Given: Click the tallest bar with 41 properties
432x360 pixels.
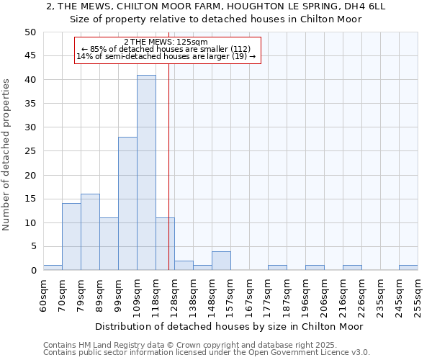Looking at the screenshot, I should (x=146, y=173).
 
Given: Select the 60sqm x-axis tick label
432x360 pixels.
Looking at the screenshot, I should (x=43, y=295).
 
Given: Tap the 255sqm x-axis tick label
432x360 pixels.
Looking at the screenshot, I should (x=418, y=295).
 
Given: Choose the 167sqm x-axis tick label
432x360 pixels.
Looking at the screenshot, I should (x=249, y=295).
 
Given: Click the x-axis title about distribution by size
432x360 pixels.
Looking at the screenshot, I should (x=230, y=326).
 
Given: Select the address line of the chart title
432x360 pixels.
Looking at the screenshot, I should (x=216, y=6).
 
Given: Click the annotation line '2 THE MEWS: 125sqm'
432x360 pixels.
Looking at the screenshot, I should (x=166, y=42).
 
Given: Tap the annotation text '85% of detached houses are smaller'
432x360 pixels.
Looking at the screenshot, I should (x=166, y=49).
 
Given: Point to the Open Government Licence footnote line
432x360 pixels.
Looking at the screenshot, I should (x=206, y=352).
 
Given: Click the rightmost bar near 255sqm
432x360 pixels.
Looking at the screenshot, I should (x=408, y=268).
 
